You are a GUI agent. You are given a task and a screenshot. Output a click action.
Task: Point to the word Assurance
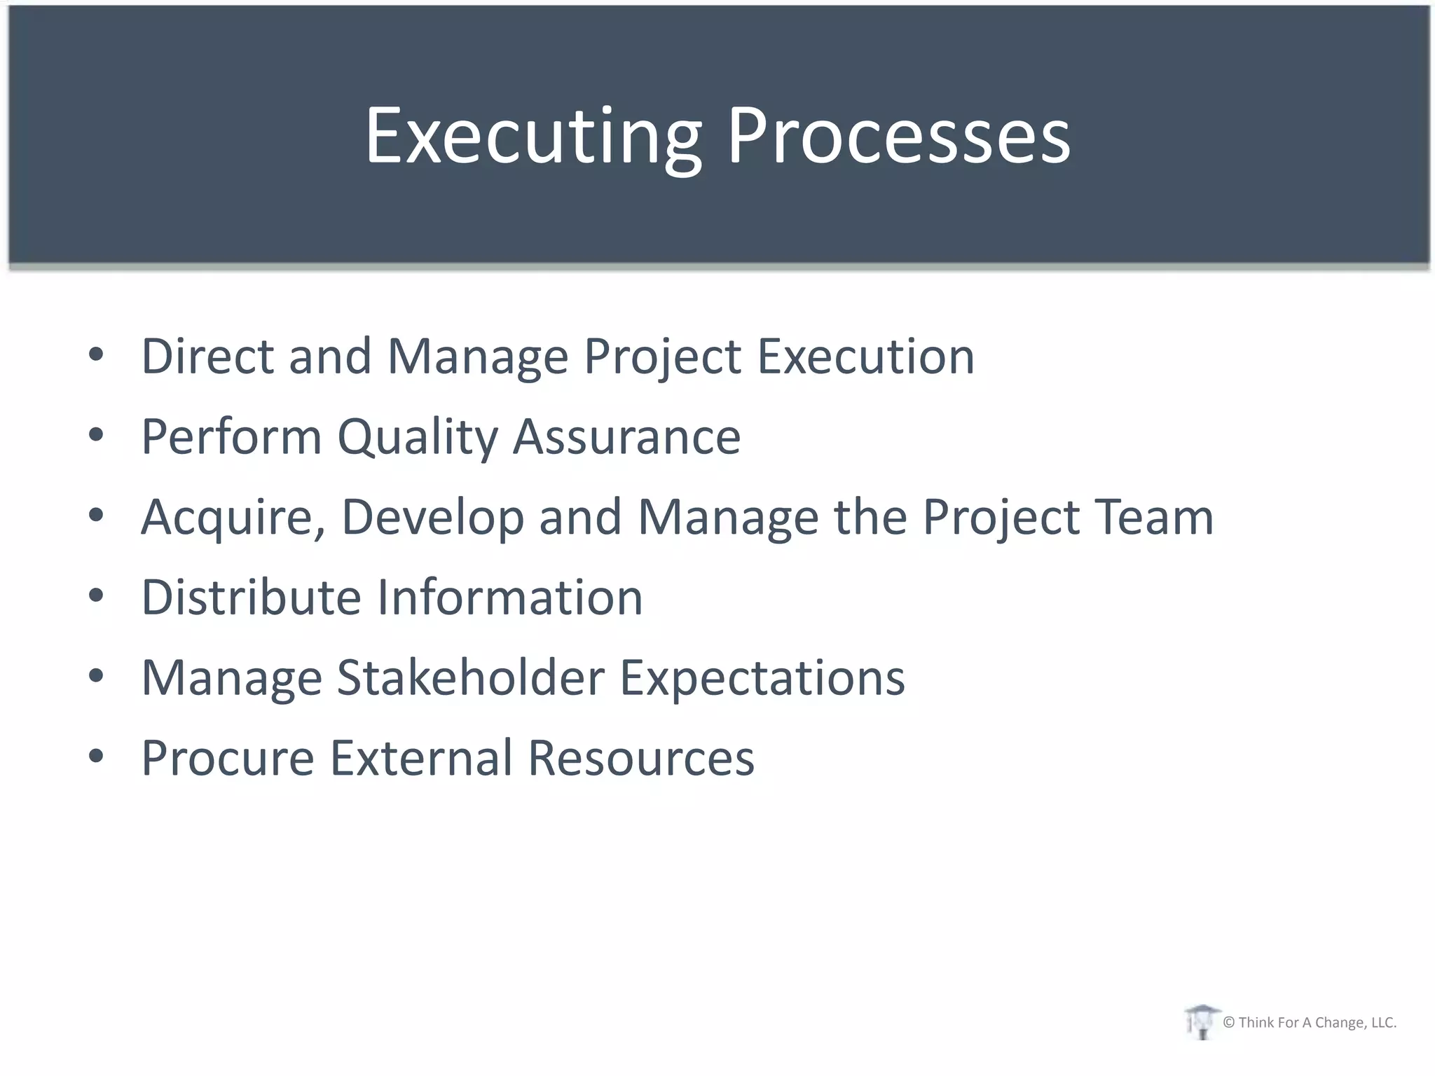click(x=626, y=436)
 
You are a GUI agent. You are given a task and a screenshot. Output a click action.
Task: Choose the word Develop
click(x=432, y=517)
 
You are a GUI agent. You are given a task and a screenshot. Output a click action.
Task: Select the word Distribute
click(x=251, y=597)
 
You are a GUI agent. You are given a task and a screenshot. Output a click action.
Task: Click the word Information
click(x=509, y=597)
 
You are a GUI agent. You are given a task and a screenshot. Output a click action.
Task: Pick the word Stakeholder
click(x=470, y=677)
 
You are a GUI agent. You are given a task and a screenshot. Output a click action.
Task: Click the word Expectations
click(x=762, y=677)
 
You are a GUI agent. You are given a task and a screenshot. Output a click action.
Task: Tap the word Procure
click(x=228, y=758)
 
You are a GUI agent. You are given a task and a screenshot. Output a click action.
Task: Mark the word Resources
click(x=640, y=758)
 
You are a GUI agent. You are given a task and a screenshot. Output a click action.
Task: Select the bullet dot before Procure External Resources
click(x=96, y=757)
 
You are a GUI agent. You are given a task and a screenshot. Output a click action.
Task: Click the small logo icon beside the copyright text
click(x=1201, y=1021)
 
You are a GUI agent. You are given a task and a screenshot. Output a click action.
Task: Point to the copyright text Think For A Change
click(x=1309, y=1023)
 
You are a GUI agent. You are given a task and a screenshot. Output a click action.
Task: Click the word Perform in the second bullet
click(x=231, y=436)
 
